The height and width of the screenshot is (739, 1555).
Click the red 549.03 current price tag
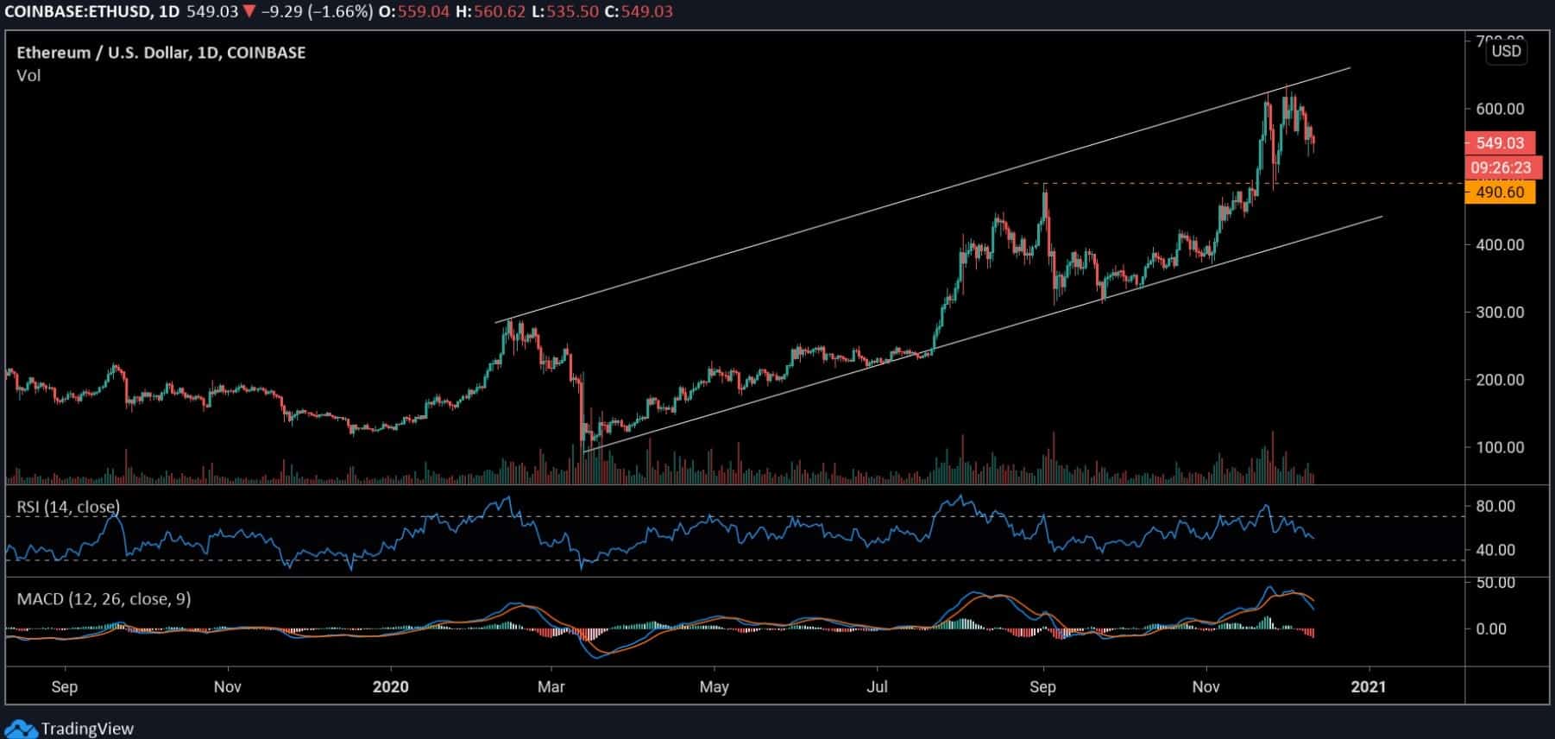[1499, 143]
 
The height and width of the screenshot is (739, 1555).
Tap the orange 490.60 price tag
[1499, 193]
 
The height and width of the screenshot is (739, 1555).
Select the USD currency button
[1506, 51]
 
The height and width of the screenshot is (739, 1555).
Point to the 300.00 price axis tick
[1500, 313]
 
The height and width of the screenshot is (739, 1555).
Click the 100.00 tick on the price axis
[1500, 447]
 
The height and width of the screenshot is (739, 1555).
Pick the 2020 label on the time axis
[390, 687]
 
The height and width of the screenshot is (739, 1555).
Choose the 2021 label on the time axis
[1368, 687]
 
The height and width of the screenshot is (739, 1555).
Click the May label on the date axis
[714, 687]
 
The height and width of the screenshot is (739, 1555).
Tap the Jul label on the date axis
[877, 687]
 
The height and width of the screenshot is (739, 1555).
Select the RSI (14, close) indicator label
[68, 507]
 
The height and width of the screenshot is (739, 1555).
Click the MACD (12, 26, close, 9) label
[103, 598]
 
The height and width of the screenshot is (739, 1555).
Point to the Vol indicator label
[28, 76]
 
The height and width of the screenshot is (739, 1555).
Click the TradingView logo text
[87, 729]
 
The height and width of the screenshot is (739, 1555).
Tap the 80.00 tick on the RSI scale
[1495, 506]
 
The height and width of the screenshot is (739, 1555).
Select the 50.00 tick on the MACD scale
[1495, 583]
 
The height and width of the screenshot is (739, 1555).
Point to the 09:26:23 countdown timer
[1501, 167]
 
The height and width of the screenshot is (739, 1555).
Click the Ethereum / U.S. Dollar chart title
[161, 53]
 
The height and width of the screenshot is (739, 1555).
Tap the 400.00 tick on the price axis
[1500, 245]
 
